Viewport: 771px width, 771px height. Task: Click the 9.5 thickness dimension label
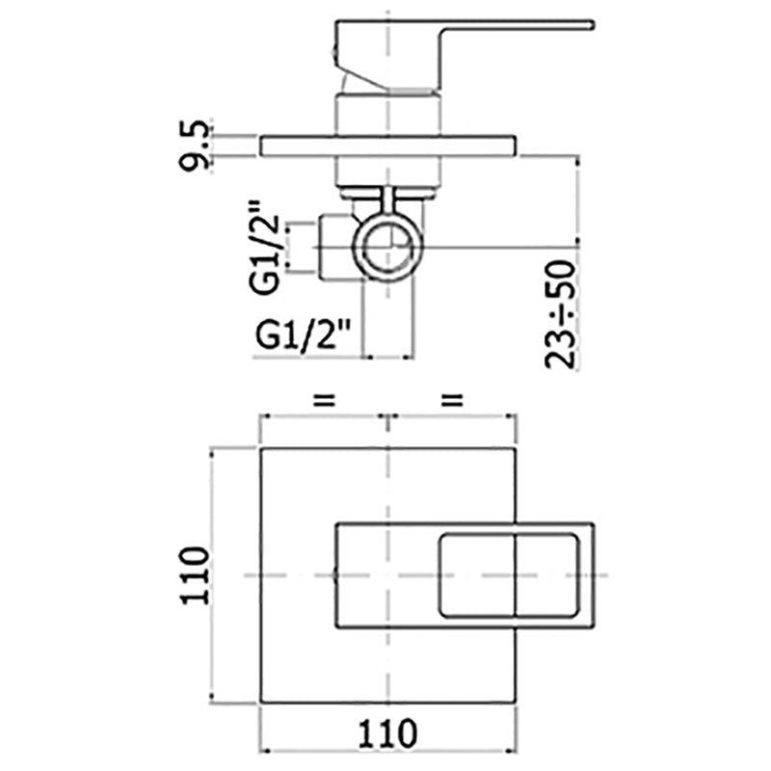click(193, 145)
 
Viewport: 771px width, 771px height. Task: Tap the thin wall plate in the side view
click(389, 146)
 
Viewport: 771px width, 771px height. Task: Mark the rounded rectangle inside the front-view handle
click(509, 574)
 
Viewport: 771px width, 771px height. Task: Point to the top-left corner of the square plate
click(263, 448)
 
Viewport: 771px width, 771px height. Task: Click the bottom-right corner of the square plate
click(518, 703)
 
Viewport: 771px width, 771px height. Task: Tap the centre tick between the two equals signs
click(386, 417)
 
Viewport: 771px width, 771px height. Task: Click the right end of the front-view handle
click(595, 574)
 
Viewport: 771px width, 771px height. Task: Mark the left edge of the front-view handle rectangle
click(335, 574)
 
